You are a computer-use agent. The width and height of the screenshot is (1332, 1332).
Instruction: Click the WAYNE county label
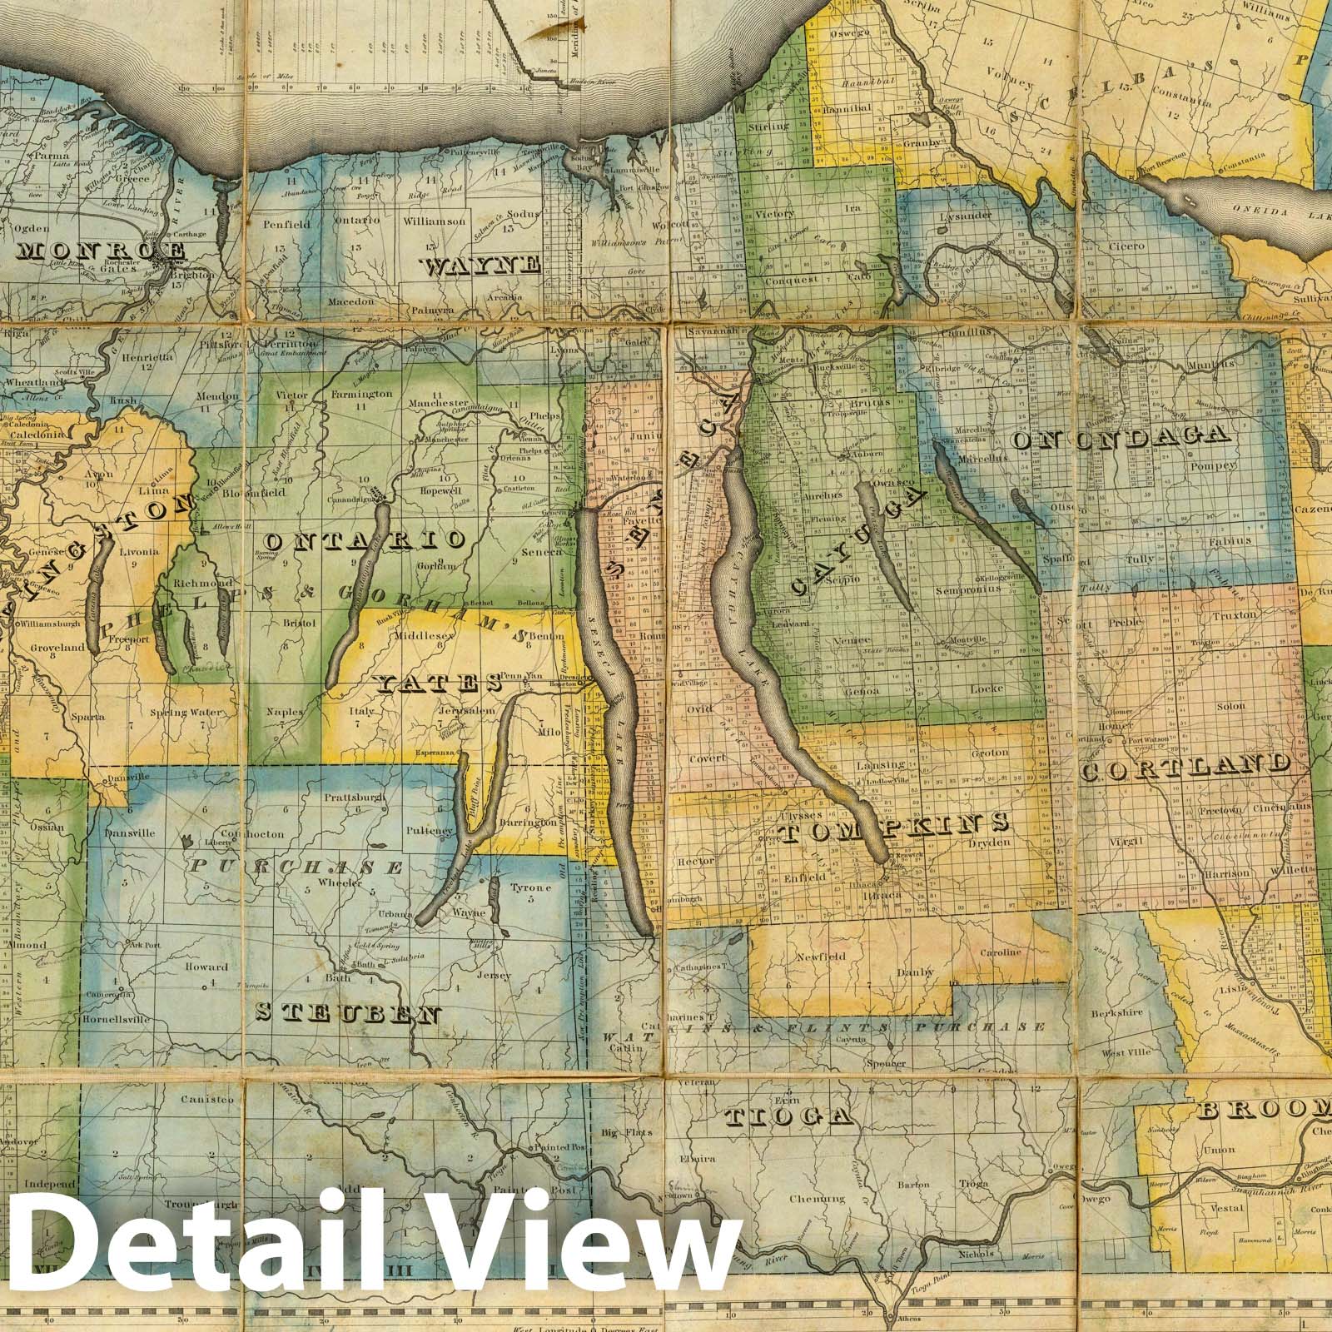482,266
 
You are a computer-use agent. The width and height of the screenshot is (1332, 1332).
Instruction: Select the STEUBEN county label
348,1013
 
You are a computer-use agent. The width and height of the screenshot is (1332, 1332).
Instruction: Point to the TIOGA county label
788,1116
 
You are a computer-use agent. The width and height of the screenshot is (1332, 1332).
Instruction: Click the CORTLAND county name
1186,767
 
